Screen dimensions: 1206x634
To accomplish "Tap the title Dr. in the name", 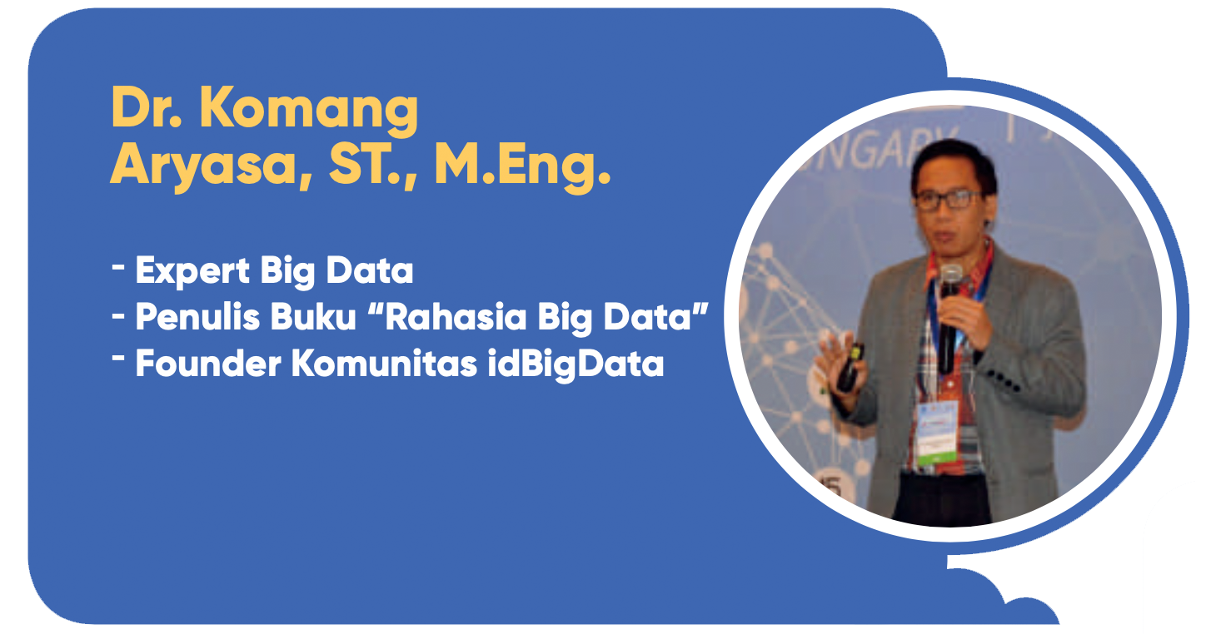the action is coord(146,107).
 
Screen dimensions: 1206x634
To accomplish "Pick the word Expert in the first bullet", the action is coord(192,271).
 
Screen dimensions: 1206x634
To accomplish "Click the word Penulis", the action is coord(197,316).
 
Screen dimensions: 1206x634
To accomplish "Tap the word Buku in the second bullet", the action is coord(313,316).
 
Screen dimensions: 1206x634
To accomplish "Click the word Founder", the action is coord(208,364).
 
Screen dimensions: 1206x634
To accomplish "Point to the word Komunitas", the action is coord(385,364).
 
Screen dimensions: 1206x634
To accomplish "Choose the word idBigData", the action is coord(576,364).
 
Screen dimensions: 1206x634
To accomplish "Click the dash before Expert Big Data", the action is coord(118,265).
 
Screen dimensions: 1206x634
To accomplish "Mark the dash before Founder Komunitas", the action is coord(118,358).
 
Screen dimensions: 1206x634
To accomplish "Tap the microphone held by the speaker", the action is coord(948,317).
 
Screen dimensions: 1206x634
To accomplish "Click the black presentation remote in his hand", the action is coord(850,367).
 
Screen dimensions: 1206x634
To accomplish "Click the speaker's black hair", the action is coord(952,161).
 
